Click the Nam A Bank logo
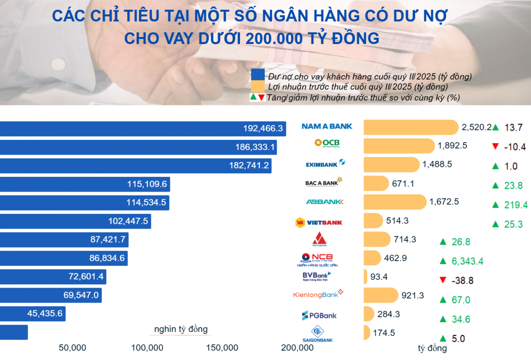327,126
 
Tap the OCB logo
327,144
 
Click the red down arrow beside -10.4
494,146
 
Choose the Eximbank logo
325,164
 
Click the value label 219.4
516,205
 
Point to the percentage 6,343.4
467,261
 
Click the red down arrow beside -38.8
443,280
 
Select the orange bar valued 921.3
381,295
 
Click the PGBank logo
319,315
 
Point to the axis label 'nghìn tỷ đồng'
181,330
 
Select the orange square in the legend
258,87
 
